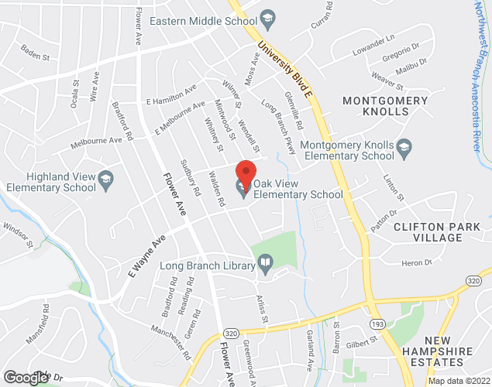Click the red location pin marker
(x=246, y=172)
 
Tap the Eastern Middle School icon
(x=268, y=17)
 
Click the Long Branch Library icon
(x=265, y=265)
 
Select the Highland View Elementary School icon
(x=105, y=182)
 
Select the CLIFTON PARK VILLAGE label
(x=438, y=231)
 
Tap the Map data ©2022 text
(x=459, y=381)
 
